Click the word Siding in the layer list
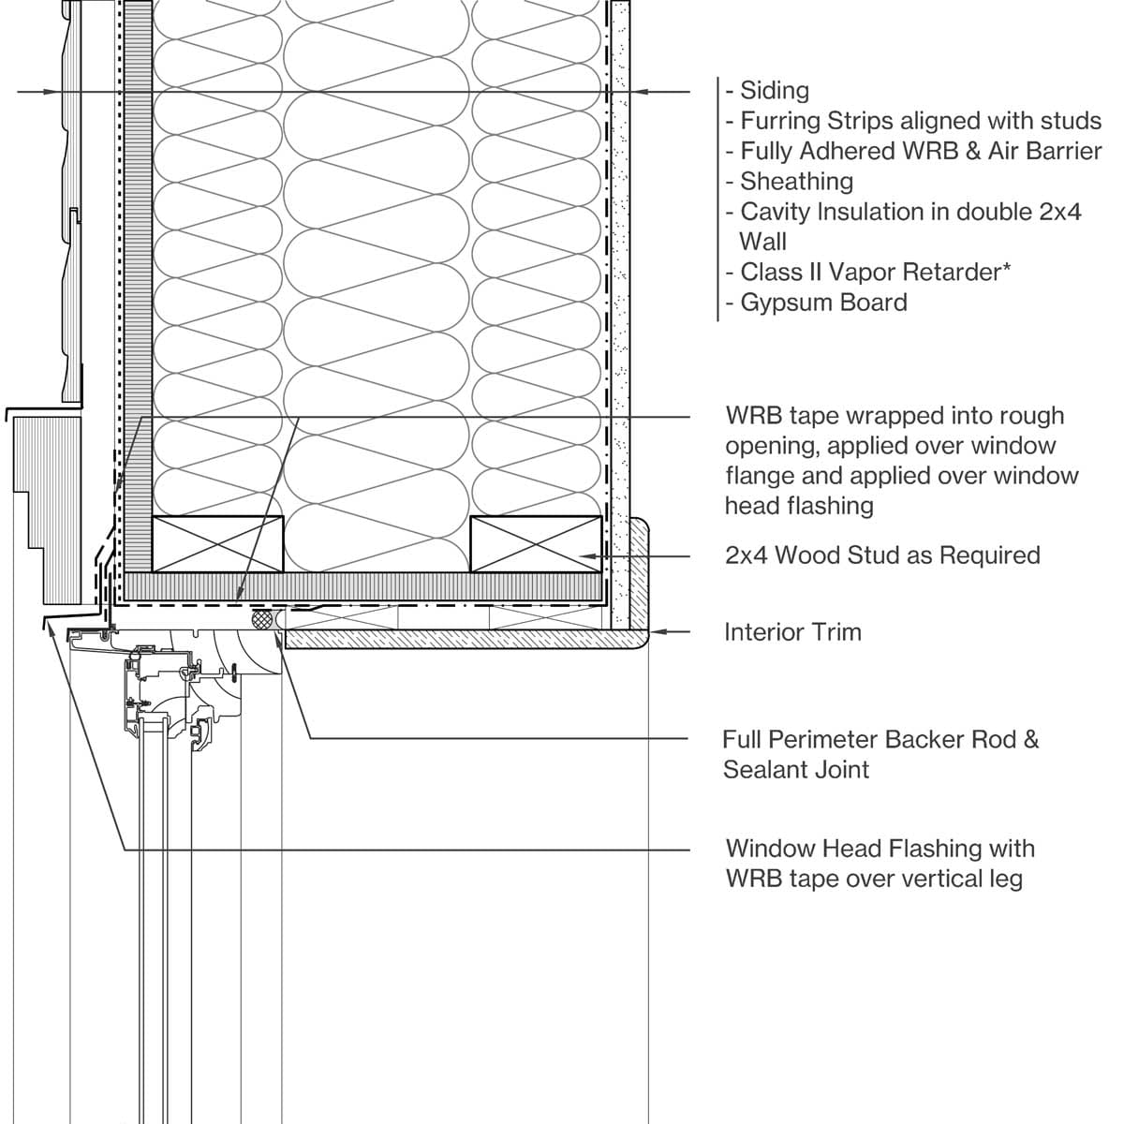coord(774,91)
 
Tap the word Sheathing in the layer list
coord(796,181)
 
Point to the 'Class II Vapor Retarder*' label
coord(875,272)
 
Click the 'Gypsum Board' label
coord(823,303)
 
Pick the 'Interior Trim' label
coord(792,632)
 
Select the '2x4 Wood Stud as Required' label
coord(882,555)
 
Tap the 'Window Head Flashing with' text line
coord(880,849)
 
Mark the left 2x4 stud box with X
coord(217,544)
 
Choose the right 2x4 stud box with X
coord(536,544)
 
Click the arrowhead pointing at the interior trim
coord(656,632)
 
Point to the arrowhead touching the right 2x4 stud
coord(586,555)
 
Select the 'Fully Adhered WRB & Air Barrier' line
coord(920,151)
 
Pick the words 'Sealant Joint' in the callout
coord(796,770)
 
